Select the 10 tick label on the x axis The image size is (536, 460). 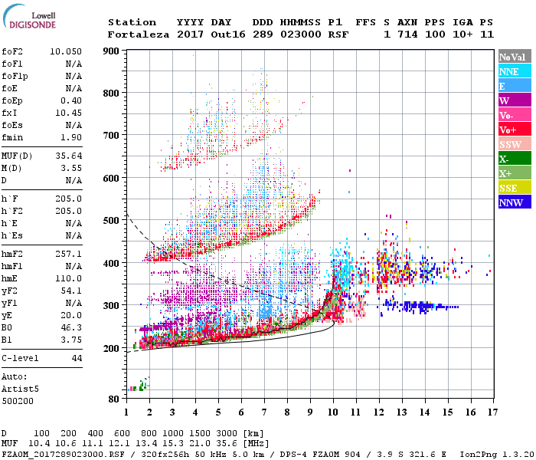click(x=332, y=412)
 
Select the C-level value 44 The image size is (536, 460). click(x=77, y=358)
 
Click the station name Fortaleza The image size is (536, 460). click(x=139, y=34)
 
